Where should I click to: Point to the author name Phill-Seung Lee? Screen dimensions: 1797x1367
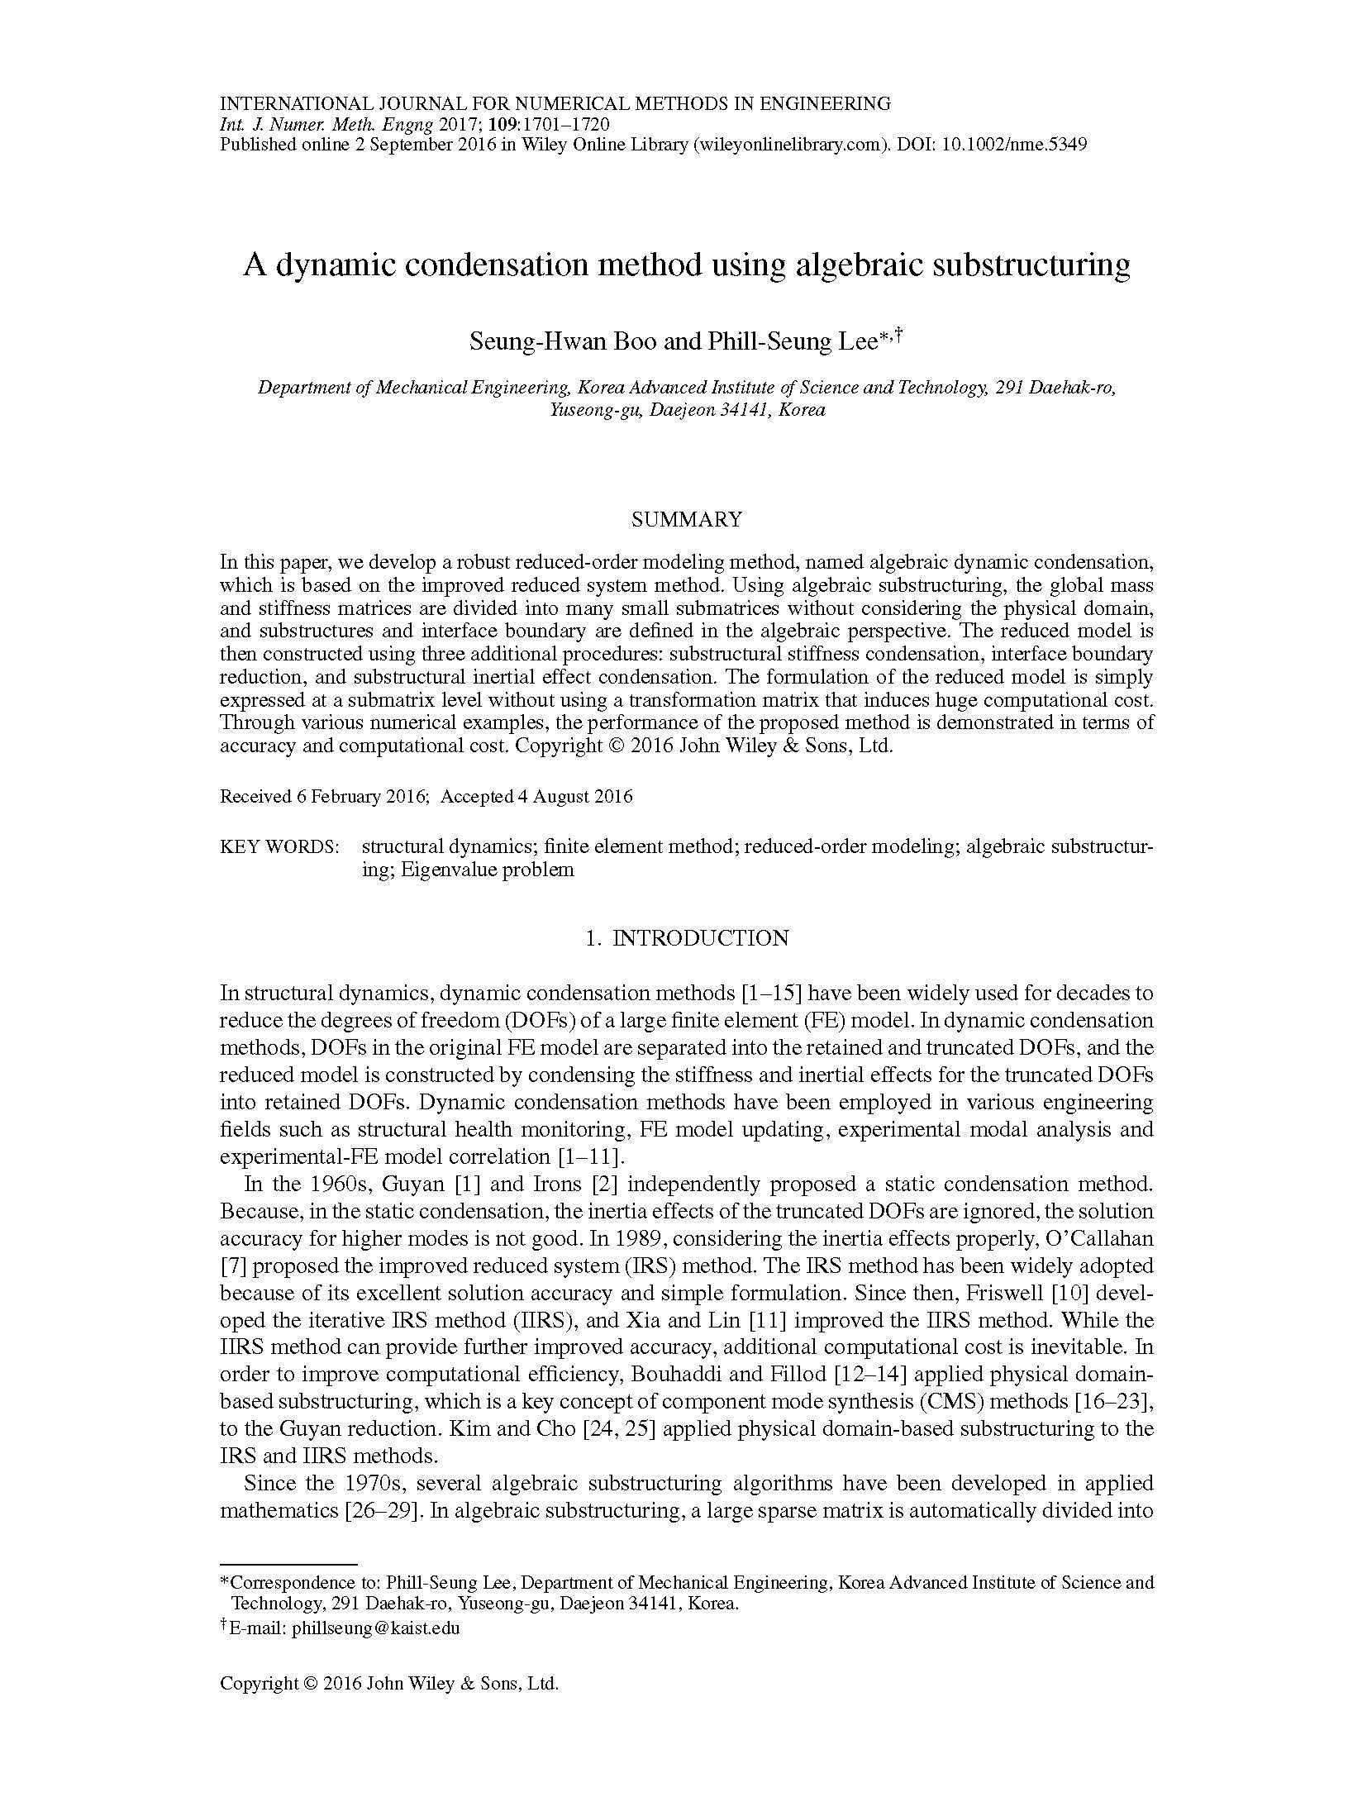(791, 341)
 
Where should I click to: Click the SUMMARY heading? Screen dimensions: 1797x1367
(686, 519)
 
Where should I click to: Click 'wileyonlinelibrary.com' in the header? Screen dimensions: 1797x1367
(787, 145)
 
